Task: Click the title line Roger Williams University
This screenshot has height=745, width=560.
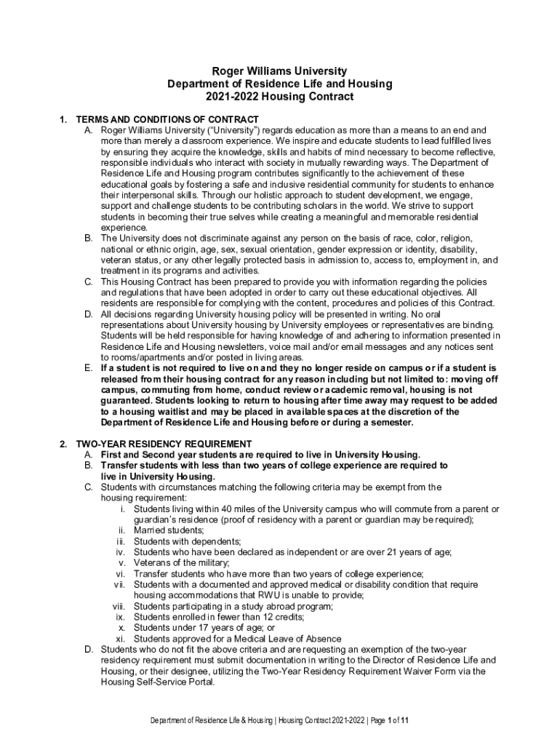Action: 279,71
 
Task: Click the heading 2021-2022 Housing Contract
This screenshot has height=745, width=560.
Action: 279,96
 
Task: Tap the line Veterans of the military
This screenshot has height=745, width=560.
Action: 181,563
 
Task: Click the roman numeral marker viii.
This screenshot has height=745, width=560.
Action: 119,607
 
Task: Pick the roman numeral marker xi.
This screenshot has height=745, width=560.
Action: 122,639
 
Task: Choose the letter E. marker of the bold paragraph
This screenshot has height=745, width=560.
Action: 88,368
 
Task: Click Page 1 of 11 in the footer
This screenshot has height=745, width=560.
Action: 393,720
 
